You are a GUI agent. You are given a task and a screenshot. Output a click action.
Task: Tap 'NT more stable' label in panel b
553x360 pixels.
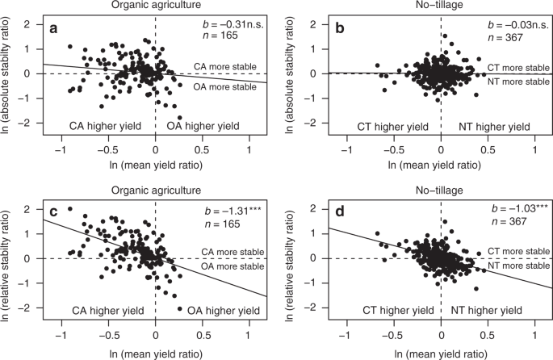pyautogui.click(x=518, y=82)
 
